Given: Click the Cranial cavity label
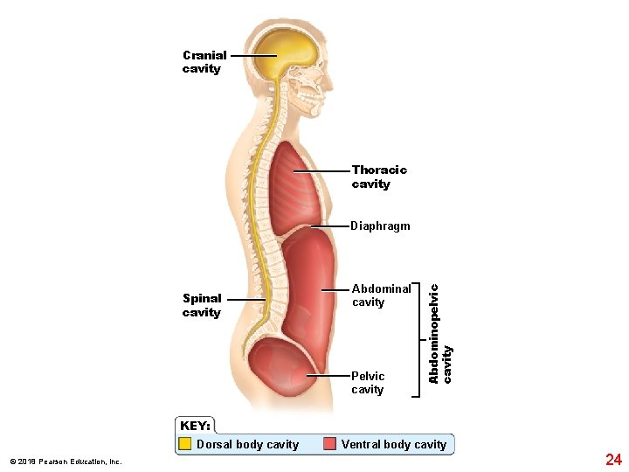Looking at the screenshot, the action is pyautogui.click(x=204, y=62).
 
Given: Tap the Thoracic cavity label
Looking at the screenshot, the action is pyautogui.click(x=379, y=177).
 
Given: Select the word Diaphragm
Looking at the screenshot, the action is pyautogui.click(x=380, y=226).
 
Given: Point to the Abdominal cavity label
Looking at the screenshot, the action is pyautogui.click(x=381, y=295).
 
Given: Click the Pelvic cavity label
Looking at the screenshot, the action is pyautogui.click(x=368, y=383).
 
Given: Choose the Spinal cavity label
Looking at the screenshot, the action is pyautogui.click(x=202, y=305).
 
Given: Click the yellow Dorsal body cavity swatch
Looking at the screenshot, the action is pyautogui.click(x=185, y=444).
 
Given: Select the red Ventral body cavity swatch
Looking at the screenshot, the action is pyautogui.click(x=329, y=444).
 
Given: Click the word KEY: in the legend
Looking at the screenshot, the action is pyautogui.click(x=195, y=426).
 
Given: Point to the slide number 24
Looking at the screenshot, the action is pyautogui.click(x=613, y=459).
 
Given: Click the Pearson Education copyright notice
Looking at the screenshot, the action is pyautogui.click(x=66, y=462).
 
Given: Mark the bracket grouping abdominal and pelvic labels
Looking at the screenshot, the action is pyautogui.click(x=418, y=339).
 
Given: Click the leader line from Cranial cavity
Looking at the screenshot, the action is pyautogui.click(x=253, y=55).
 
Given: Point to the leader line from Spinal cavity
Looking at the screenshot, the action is pyautogui.click(x=247, y=299).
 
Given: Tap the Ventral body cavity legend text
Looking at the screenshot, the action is pyautogui.click(x=394, y=444).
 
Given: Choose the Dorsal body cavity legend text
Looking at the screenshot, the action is pyautogui.click(x=248, y=444).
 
